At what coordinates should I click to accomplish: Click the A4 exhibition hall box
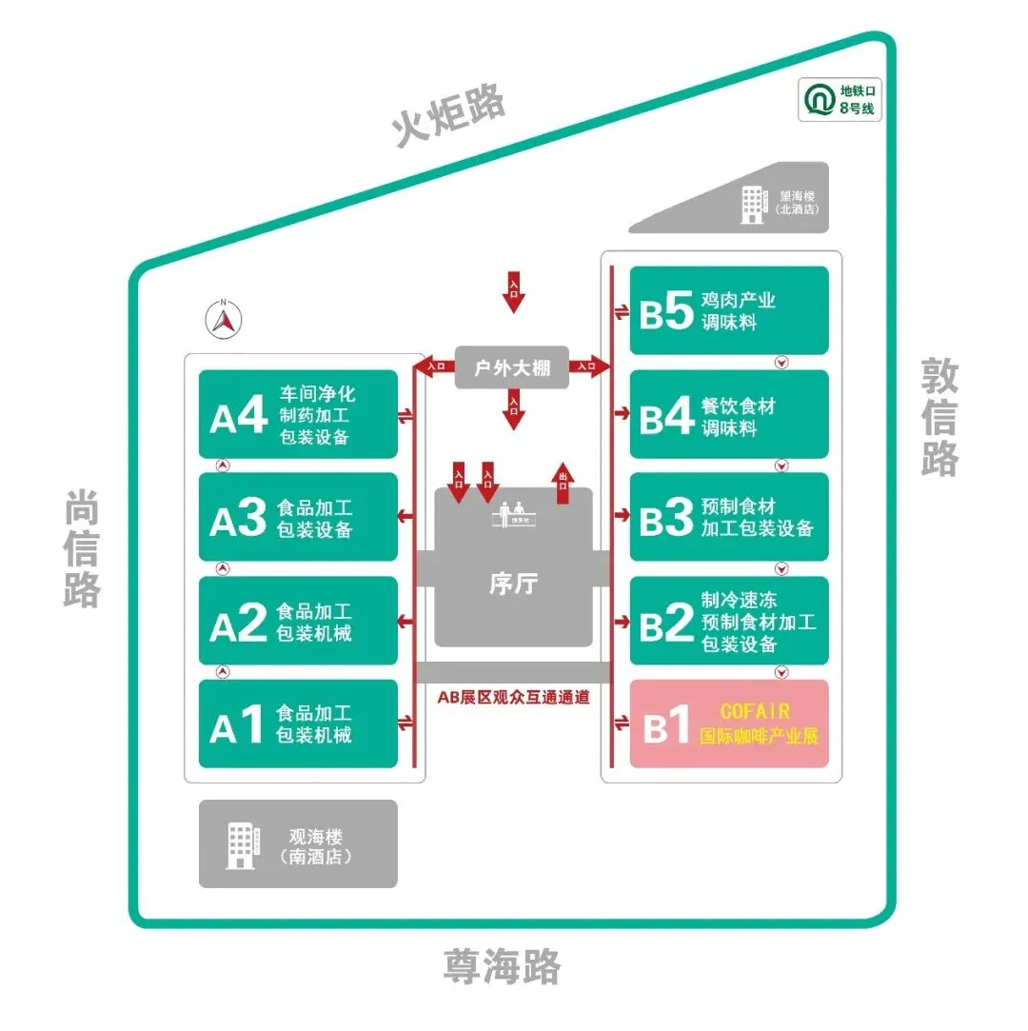(x=298, y=415)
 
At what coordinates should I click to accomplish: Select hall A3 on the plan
(x=298, y=518)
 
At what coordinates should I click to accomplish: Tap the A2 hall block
(x=298, y=621)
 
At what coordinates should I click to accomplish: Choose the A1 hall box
(x=298, y=724)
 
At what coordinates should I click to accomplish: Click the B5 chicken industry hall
(x=729, y=310)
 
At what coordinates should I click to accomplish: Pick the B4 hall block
(x=729, y=415)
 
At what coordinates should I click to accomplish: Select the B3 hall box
(x=729, y=518)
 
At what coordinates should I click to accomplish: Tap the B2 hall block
(x=729, y=621)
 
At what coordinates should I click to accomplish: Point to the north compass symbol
(x=224, y=320)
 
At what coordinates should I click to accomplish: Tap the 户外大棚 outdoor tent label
(x=512, y=367)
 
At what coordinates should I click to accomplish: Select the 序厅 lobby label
(x=512, y=584)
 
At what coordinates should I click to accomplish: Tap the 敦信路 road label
(x=939, y=416)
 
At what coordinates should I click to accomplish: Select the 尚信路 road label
(x=83, y=548)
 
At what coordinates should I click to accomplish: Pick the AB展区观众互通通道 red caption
(x=513, y=697)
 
